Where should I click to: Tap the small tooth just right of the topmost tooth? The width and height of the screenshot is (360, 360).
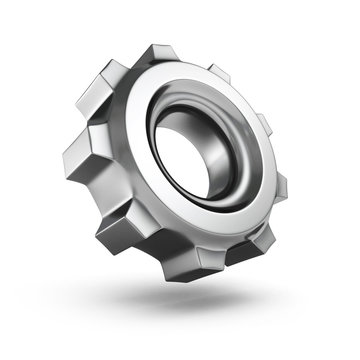[x=222, y=78]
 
